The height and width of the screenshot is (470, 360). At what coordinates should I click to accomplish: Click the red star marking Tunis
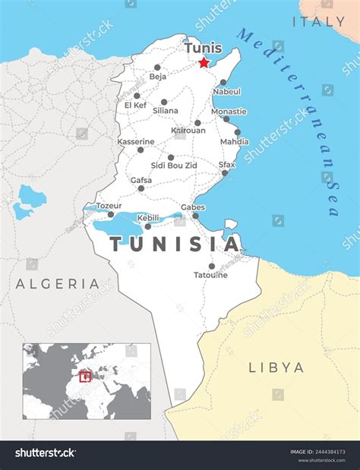tap(204, 64)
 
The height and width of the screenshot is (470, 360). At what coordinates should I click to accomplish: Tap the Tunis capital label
tap(203, 49)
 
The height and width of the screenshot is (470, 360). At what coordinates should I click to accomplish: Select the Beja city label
tap(158, 77)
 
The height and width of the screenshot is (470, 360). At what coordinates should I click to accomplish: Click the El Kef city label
tap(136, 106)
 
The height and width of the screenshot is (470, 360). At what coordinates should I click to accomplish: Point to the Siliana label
tap(166, 111)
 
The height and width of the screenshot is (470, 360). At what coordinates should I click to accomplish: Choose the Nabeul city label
tap(226, 91)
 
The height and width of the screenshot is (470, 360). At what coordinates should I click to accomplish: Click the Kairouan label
tap(188, 131)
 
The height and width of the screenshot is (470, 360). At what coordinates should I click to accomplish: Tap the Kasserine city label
tap(136, 142)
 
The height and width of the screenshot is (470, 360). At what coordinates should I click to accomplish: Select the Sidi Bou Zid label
tap(175, 166)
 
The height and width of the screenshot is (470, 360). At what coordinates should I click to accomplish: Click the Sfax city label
tap(226, 165)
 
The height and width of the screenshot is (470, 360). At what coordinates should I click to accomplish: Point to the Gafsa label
tap(141, 181)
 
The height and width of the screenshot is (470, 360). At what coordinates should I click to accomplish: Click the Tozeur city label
tap(109, 206)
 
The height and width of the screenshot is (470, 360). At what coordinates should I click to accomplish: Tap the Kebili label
tap(148, 218)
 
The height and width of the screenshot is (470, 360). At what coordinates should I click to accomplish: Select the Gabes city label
tap(193, 207)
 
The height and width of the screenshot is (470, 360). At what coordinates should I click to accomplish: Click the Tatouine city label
tap(210, 275)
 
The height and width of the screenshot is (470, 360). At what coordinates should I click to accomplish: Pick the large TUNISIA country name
tap(175, 244)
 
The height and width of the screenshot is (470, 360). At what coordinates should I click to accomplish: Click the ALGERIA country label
tap(58, 284)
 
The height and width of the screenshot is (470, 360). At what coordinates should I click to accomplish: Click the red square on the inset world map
tap(85, 376)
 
